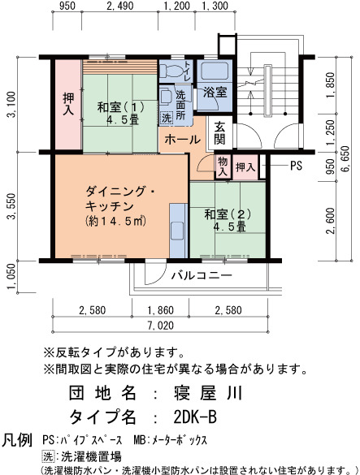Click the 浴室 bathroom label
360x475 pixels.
(x=215, y=92)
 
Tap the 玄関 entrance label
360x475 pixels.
(x=219, y=133)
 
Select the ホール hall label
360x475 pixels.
(x=183, y=140)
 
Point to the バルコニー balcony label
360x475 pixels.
(x=202, y=275)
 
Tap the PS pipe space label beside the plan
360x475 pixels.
(x=296, y=166)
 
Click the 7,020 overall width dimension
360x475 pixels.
(x=161, y=326)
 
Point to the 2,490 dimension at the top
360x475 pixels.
(x=120, y=6)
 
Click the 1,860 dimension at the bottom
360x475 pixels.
(x=160, y=310)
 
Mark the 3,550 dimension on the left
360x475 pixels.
(x=13, y=206)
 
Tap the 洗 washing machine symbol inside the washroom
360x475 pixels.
(x=167, y=118)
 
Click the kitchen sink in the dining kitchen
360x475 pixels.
(x=178, y=231)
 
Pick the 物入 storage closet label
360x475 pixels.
(x=223, y=166)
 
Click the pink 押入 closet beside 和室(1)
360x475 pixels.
(x=68, y=104)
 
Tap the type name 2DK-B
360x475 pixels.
(x=195, y=417)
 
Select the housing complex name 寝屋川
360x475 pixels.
(x=208, y=393)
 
